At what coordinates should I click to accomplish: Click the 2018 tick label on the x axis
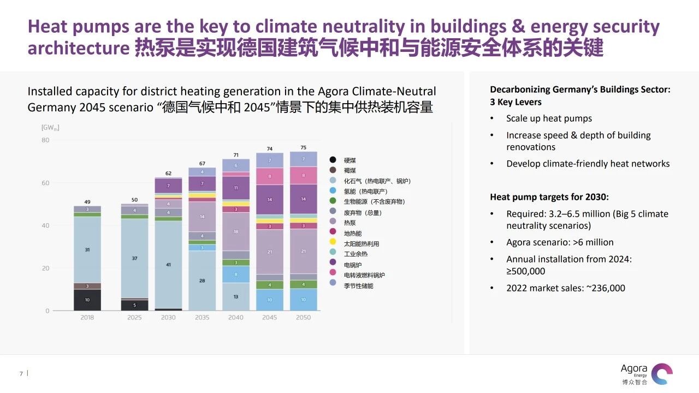(87, 318)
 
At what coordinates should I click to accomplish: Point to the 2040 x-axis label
(236, 318)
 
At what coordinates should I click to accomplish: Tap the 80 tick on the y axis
(45, 140)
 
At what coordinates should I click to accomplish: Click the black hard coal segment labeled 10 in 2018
(87, 300)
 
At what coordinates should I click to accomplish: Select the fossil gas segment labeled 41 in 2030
(168, 264)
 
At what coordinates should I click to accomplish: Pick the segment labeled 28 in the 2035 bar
(202, 281)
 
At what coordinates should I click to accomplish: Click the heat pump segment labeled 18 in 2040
(236, 231)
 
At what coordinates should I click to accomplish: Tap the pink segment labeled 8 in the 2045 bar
(270, 176)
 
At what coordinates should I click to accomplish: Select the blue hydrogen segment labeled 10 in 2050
(304, 300)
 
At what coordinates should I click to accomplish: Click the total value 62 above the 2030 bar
(168, 174)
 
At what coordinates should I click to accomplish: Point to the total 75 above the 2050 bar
(304, 147)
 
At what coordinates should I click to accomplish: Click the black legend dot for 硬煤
(333, 160)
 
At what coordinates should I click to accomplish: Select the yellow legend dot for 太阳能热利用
(333, 244)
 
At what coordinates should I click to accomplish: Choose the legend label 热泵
(350, 223)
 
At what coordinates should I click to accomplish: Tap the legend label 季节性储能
(359, 286)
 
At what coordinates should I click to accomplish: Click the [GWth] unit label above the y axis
(50, 128)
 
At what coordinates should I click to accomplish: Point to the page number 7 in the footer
(21, 374)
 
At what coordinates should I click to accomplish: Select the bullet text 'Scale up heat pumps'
(549, 118)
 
